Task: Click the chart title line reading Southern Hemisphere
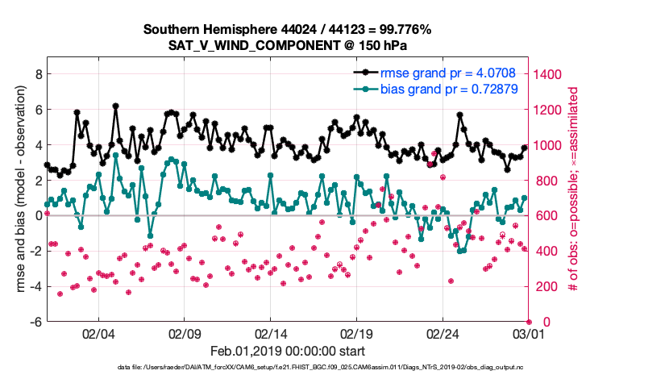(x=288, y=30)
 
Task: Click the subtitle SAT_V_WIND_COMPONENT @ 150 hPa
(x=288, y=45)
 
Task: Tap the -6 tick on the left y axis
(x=35, y=322)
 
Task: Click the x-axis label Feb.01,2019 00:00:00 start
(x=288, y=352)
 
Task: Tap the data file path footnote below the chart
(x=334, y=368)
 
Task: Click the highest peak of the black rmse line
(x=116, y=106)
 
